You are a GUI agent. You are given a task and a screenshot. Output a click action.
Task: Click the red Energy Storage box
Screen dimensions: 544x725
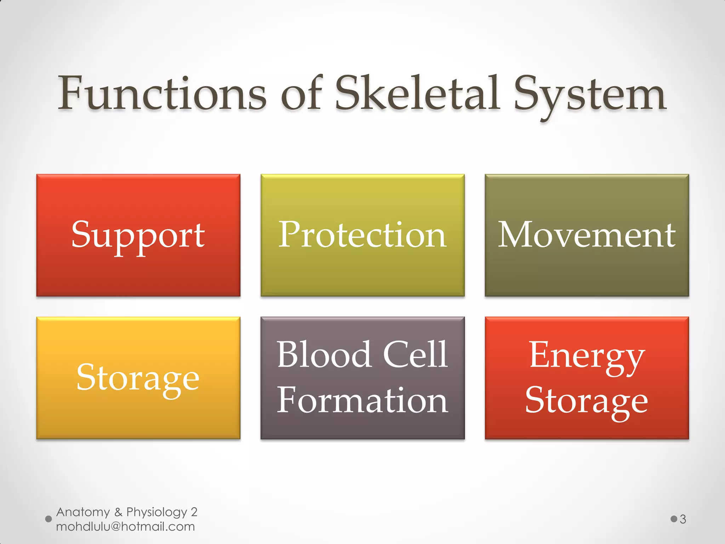click(587, 430)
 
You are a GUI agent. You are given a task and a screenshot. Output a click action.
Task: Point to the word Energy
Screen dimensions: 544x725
click(587, 356)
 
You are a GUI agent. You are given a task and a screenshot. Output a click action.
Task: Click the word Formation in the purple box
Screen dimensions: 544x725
click(362, 401)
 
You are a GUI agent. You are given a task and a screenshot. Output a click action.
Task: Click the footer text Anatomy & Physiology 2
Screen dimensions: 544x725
click(126, 512)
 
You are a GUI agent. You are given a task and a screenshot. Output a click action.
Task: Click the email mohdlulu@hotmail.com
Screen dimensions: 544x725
click(125, 527)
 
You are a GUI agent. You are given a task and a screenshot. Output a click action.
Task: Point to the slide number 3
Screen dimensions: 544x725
click(683, 520)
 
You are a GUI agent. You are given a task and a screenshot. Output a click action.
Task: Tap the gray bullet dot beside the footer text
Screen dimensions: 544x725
click(48, 519)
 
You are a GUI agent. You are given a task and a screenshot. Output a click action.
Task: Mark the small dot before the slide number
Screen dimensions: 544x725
click(674, 519)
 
